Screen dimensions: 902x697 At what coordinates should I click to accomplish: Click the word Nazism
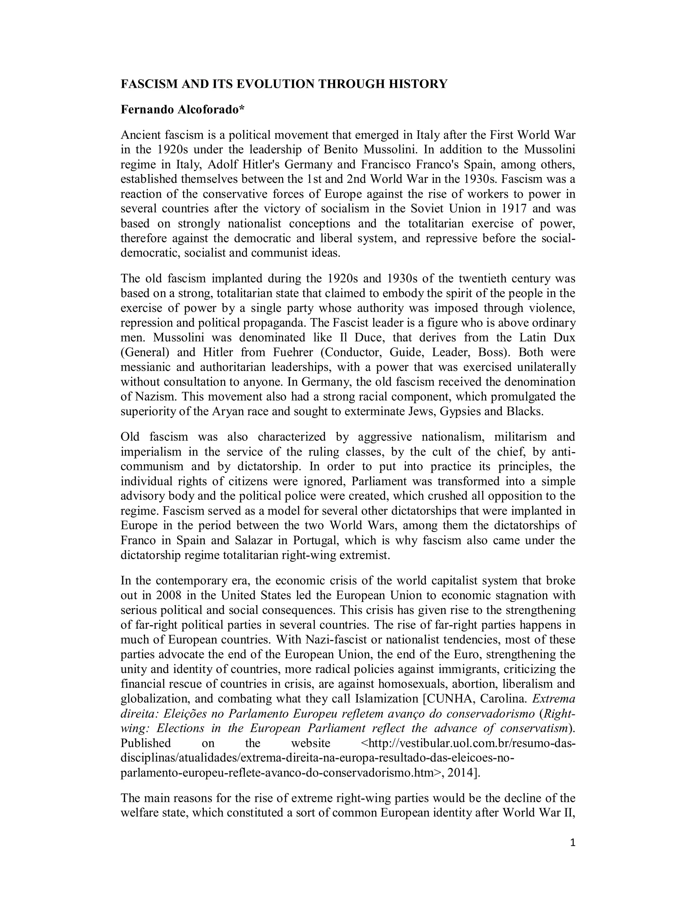tap(156, 397)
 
